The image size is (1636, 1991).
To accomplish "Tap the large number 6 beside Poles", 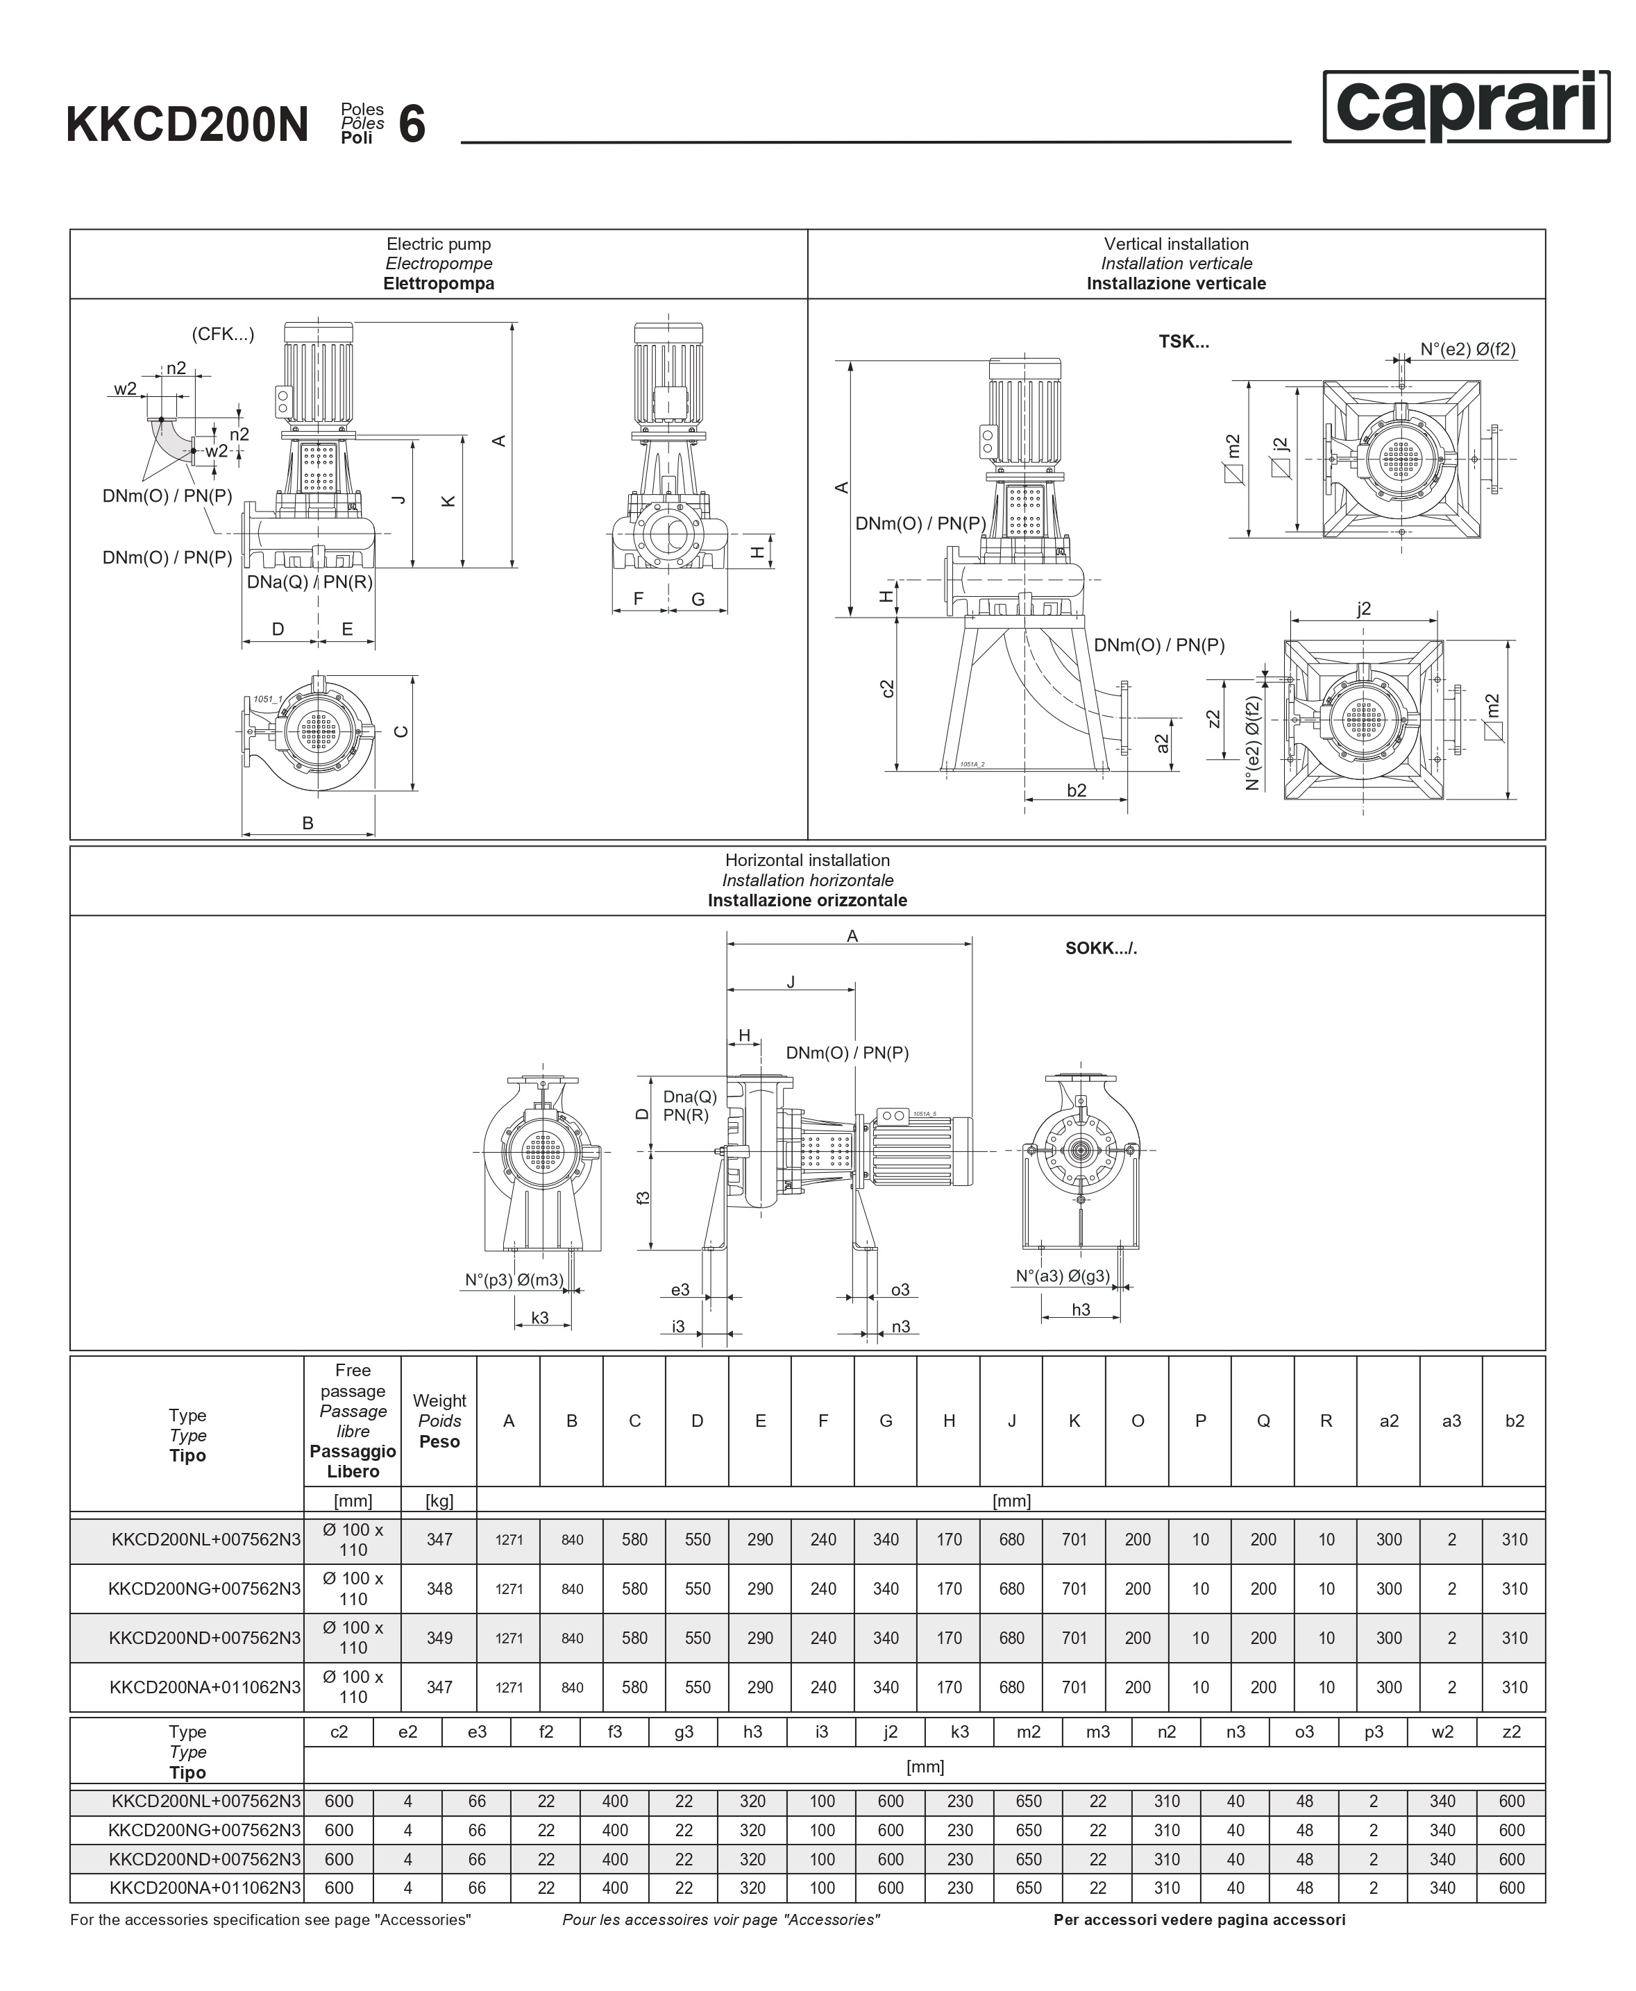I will [x=412, y=124].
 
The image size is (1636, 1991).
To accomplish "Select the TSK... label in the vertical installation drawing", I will [x=1183, y=342].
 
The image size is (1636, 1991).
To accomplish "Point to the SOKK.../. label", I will [x=1101, y=948].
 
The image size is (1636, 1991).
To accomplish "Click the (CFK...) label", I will [x=222, y=334].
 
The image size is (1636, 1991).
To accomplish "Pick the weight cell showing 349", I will [x=439, y=1638].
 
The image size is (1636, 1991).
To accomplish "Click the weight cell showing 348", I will [x=439, y=1588].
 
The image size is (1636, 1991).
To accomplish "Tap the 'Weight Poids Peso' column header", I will [x=439, y=1421].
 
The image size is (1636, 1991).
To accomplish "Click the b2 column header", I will [x=1513, y=1421].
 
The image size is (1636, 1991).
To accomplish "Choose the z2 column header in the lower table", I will [x=1510, y=1732].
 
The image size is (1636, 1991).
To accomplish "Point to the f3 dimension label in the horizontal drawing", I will [x=643, y=1198].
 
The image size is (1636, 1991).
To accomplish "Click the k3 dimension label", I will [x=540, y=1317].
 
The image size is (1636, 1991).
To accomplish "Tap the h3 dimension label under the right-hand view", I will [x=1081, y=1310].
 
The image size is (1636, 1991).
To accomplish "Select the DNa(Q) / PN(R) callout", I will [x=309, y=582].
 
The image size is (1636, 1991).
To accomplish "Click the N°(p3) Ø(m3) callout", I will [x=514, y=1280].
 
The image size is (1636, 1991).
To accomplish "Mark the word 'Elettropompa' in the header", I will [x=438, y=284].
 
